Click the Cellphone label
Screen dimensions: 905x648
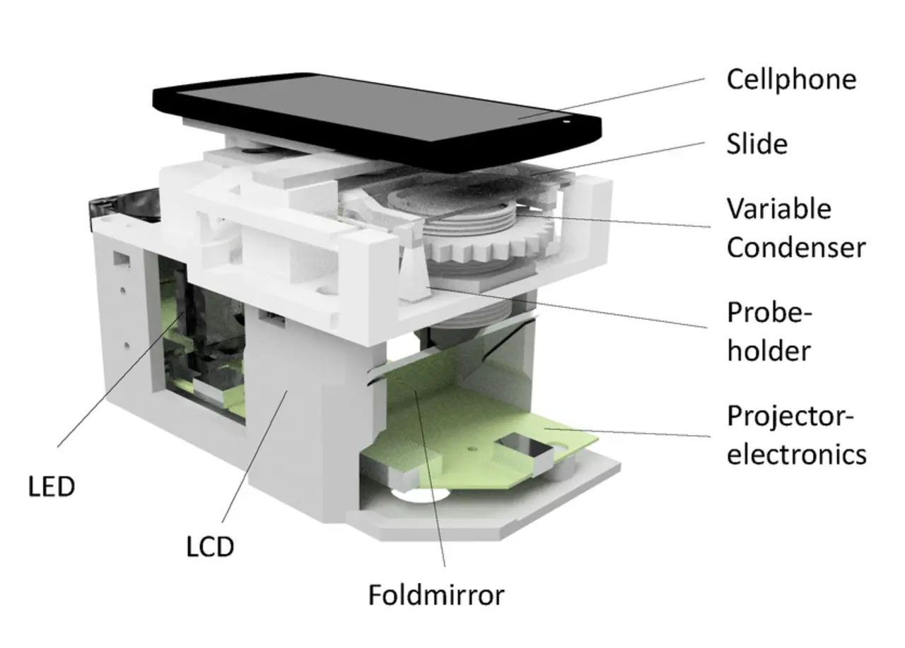[791, 81]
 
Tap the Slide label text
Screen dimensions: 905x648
[757, 144]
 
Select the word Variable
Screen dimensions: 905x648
[779, 209]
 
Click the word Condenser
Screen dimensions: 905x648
[796, 247]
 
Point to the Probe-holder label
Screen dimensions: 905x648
[769, 332]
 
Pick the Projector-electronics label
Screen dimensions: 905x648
[797, 435]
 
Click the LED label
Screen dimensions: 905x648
[52, 486]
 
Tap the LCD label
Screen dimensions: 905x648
[210, 547]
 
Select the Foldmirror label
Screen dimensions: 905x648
[436, 595]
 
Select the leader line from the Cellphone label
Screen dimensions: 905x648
[612, 98]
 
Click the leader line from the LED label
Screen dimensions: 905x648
[121, 379]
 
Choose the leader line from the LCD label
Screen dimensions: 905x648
[255, 456]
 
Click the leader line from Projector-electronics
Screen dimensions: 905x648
[627, 432]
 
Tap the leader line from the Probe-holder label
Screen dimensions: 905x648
[567, 307]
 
